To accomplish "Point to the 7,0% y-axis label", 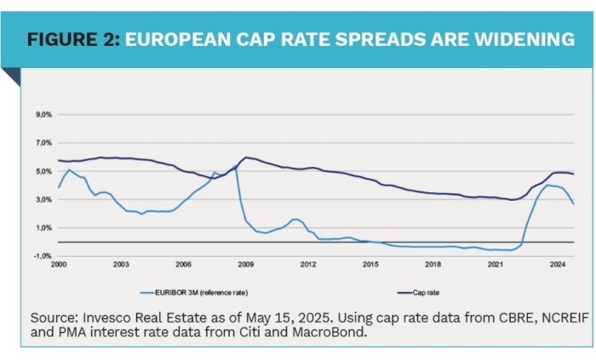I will pos(43,142).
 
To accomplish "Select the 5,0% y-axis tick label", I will pos(43,171).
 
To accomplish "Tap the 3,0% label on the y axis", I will pos(43,199).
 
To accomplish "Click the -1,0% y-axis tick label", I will pos(42,255).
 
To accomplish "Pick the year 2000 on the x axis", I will pos(59,265).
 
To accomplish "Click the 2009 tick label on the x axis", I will pos(246,265).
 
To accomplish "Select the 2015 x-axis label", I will pos(370,265).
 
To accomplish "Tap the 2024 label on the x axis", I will pos(558,265).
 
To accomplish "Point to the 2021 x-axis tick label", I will pos(496,265).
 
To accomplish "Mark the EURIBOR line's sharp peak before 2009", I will pos(235,166).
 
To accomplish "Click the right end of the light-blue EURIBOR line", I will pos(574,204).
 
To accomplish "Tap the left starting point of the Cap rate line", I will pos(59,160).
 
